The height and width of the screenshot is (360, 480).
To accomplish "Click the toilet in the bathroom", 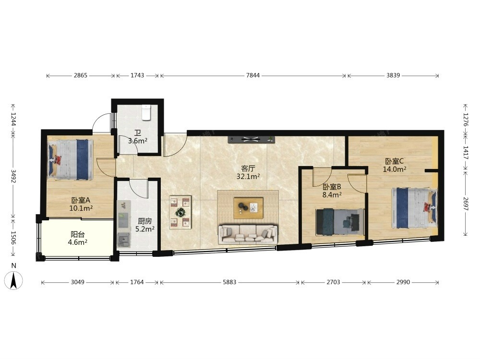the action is pyautogui.click(x=146, y=113).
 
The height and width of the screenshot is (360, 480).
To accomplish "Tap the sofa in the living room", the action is pyautogui.click(x=248, y=235).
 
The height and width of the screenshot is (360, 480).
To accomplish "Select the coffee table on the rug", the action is pyautogui.click(x=248, y=208).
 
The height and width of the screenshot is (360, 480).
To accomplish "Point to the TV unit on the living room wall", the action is pyautogui.click(x=252, y=140).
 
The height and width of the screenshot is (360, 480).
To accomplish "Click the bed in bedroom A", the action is pyautogui.click(x=71, y=159).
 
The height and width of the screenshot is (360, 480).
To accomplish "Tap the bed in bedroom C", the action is pyautogui.click(x=415, y=208).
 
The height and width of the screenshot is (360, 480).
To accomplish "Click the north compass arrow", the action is pyautogui.click(x=13, y=280).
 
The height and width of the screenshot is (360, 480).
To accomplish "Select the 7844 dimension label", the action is pyautogui.click(x=253, y=75).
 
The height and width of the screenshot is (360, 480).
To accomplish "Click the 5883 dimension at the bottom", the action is pyautogui.click(x=229, y=282).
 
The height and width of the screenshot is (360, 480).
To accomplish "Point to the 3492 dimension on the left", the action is pyautogui.click(x=13, y=176).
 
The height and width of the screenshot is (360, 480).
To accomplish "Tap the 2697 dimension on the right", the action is pyautogui.click(x=465, y=204).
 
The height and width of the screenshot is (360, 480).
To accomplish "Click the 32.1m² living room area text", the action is pyautogui.click(x=248, y=177).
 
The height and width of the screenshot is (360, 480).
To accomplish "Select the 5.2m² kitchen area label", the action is pyautogui.click(x=145, y=228).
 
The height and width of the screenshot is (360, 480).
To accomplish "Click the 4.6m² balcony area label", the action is pyautogui.click(x=77, y=242).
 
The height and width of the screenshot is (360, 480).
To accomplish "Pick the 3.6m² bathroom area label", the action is pyautogui.click(x=138, y=141).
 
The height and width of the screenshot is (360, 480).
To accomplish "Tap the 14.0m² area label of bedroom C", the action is pyautogui.click(x=395, y=169).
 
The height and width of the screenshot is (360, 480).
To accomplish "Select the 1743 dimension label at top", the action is pyautogui.click(x=137, y=75).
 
